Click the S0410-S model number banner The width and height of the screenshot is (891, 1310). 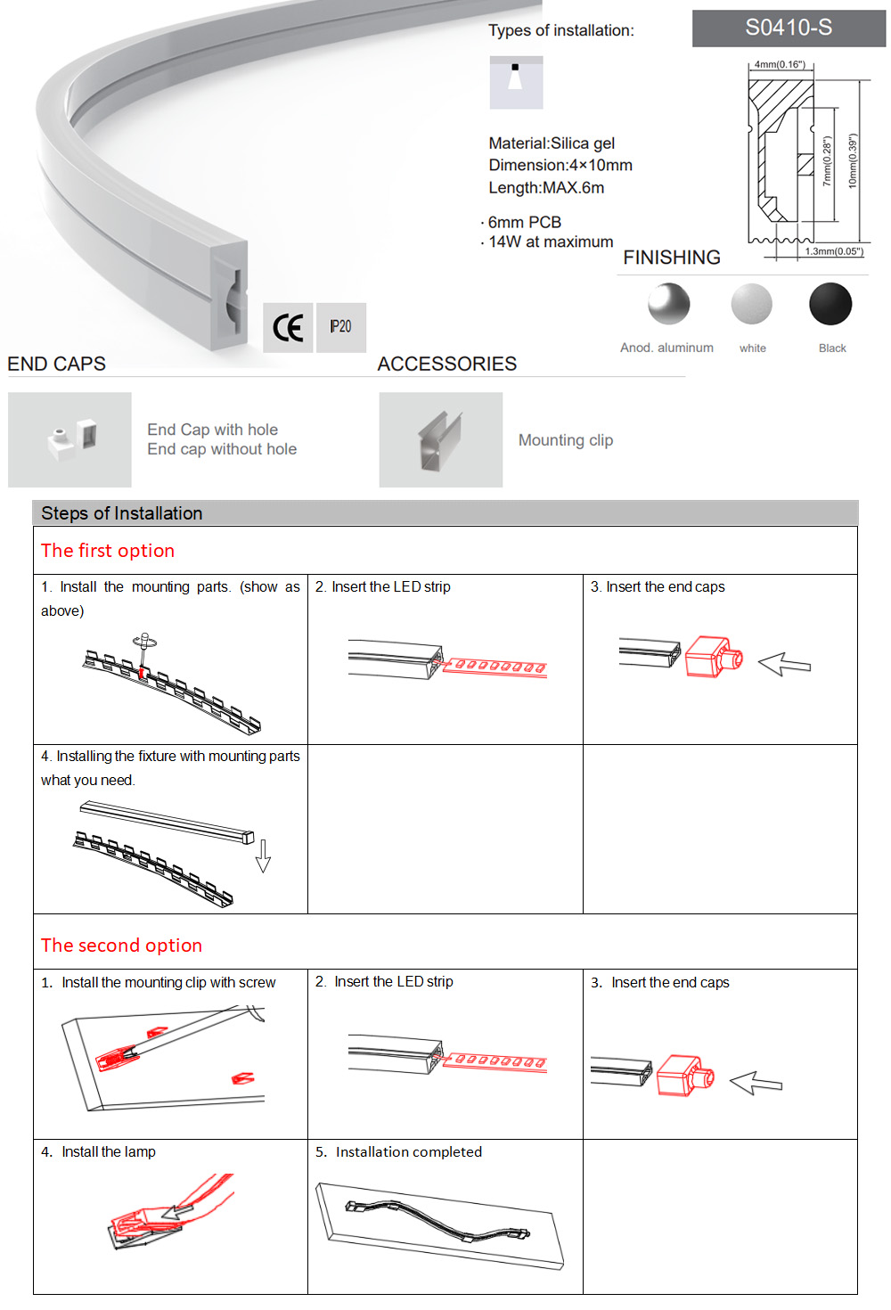tap(789, 29)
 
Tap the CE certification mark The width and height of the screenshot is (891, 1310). tap(288, 328)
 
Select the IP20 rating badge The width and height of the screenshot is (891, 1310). tap(340, 327)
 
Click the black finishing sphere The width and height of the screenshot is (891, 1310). tap(830, 304)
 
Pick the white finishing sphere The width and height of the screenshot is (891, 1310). tap(751, 304)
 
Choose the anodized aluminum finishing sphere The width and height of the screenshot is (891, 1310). tap(668, 304)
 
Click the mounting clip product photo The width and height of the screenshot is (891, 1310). tap(441, 440)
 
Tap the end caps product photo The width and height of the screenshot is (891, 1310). tap(69, 440)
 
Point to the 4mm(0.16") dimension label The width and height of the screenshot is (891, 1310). tap(779, 64)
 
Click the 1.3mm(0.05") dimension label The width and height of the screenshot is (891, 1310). tap(833, 251)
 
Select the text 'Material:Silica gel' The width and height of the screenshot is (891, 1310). tap(552, 143)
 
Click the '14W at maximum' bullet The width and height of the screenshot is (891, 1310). tap(551, 242)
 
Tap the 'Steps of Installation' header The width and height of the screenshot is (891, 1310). tap(122, 513)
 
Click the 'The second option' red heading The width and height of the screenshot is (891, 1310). tap(121, 946)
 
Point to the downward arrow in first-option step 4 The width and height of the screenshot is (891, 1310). tap(263, 855)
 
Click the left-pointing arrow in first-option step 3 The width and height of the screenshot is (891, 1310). tap(784, 664)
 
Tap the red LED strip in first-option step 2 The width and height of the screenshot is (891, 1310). tap(495, 667)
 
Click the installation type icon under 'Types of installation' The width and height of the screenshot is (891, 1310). tap(516, 83)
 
